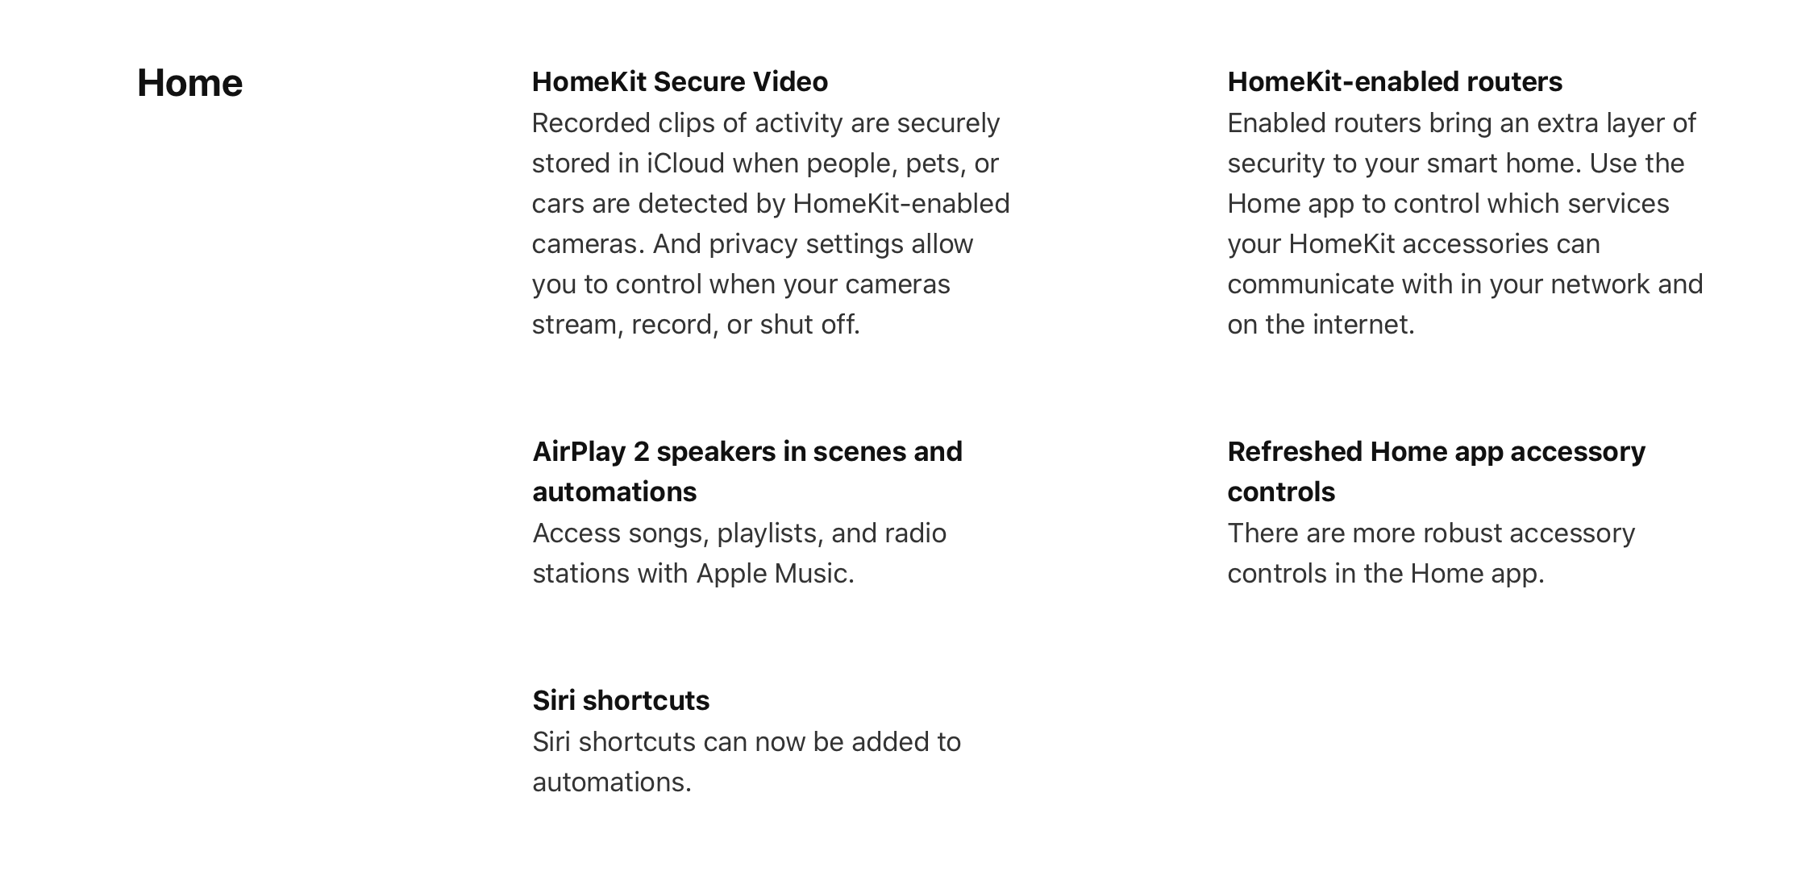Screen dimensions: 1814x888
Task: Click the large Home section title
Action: tap(189, 83)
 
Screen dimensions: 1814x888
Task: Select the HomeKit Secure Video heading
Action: tap(680, 81)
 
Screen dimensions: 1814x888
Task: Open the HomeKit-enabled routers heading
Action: tap(1395, 81)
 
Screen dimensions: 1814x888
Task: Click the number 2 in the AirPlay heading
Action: tap(641, 451)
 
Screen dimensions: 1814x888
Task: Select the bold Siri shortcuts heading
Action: tap(621, 700)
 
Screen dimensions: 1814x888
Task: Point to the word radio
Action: tap(916, 533)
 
